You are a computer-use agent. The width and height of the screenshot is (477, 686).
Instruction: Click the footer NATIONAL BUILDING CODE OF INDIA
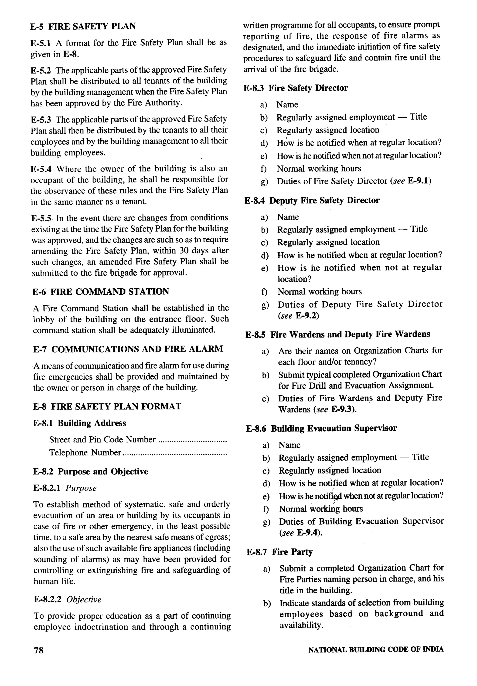point(376,649)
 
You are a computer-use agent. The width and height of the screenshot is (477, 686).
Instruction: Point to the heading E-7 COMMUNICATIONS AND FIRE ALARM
point(128,349)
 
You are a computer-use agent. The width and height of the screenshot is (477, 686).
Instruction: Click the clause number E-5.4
point(41,169)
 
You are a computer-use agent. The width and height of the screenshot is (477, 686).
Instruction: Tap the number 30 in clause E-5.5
point(184,250)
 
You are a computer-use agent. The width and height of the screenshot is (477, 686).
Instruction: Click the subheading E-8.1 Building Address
point(79,423)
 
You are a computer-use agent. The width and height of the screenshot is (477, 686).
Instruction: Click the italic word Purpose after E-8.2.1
point(81,488)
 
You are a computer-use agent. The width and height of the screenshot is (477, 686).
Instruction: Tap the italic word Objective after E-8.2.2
point(84,599)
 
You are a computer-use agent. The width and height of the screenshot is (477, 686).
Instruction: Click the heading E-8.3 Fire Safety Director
point(296,88)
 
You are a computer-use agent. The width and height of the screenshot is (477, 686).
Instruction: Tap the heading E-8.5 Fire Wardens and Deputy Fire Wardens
point(337,334)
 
